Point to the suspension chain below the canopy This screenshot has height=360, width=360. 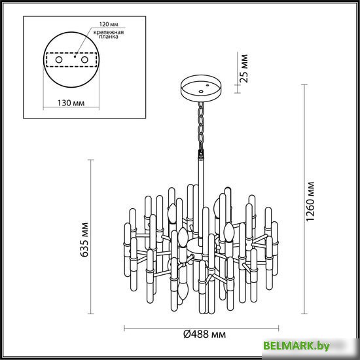coord(198,124)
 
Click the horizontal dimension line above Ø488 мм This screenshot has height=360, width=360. coord(202,326)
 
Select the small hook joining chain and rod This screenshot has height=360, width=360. coord(200,154)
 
